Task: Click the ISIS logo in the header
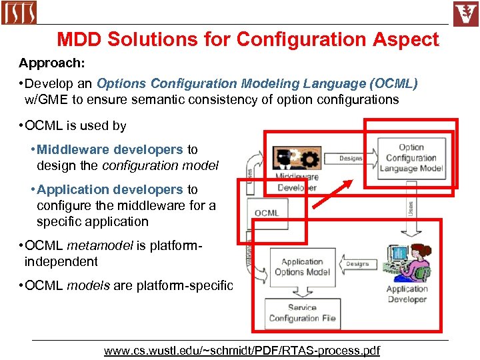19,12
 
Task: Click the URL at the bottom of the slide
241,350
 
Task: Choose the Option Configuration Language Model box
411,158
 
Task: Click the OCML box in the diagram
267,213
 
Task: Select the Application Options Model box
302,267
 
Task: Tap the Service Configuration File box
302,313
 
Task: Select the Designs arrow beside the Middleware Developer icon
351,158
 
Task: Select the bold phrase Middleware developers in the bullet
110,149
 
